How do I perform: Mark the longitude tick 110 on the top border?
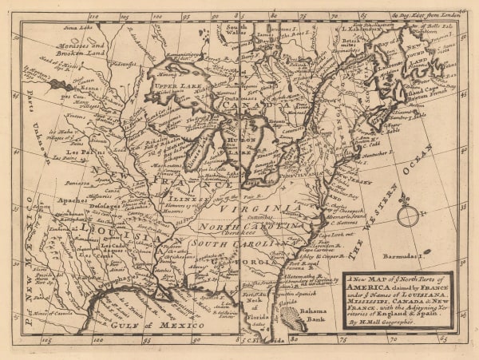(x=94, y=15)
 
